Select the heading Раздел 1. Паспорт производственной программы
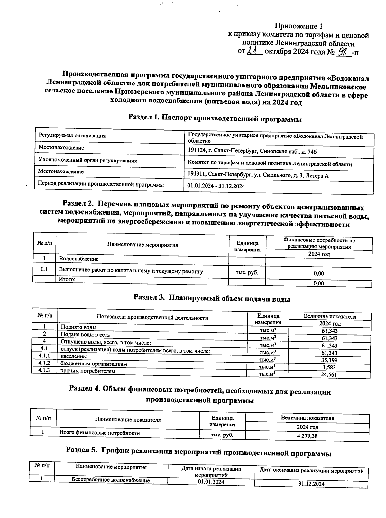(x=215, y=118)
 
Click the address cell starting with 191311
(x=258, y=175)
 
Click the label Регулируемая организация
(x=72, y=136)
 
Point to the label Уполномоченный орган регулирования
(x=87, y=161)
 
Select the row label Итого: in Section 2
(x=67, y=279)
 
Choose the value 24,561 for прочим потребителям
(x=329, y=374)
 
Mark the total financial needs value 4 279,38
(x=307, y=436)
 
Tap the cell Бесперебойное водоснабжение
(x=111, y=480)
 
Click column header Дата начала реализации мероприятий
(x=211, y=472)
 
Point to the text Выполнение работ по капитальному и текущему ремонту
(x=131, y=271)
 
